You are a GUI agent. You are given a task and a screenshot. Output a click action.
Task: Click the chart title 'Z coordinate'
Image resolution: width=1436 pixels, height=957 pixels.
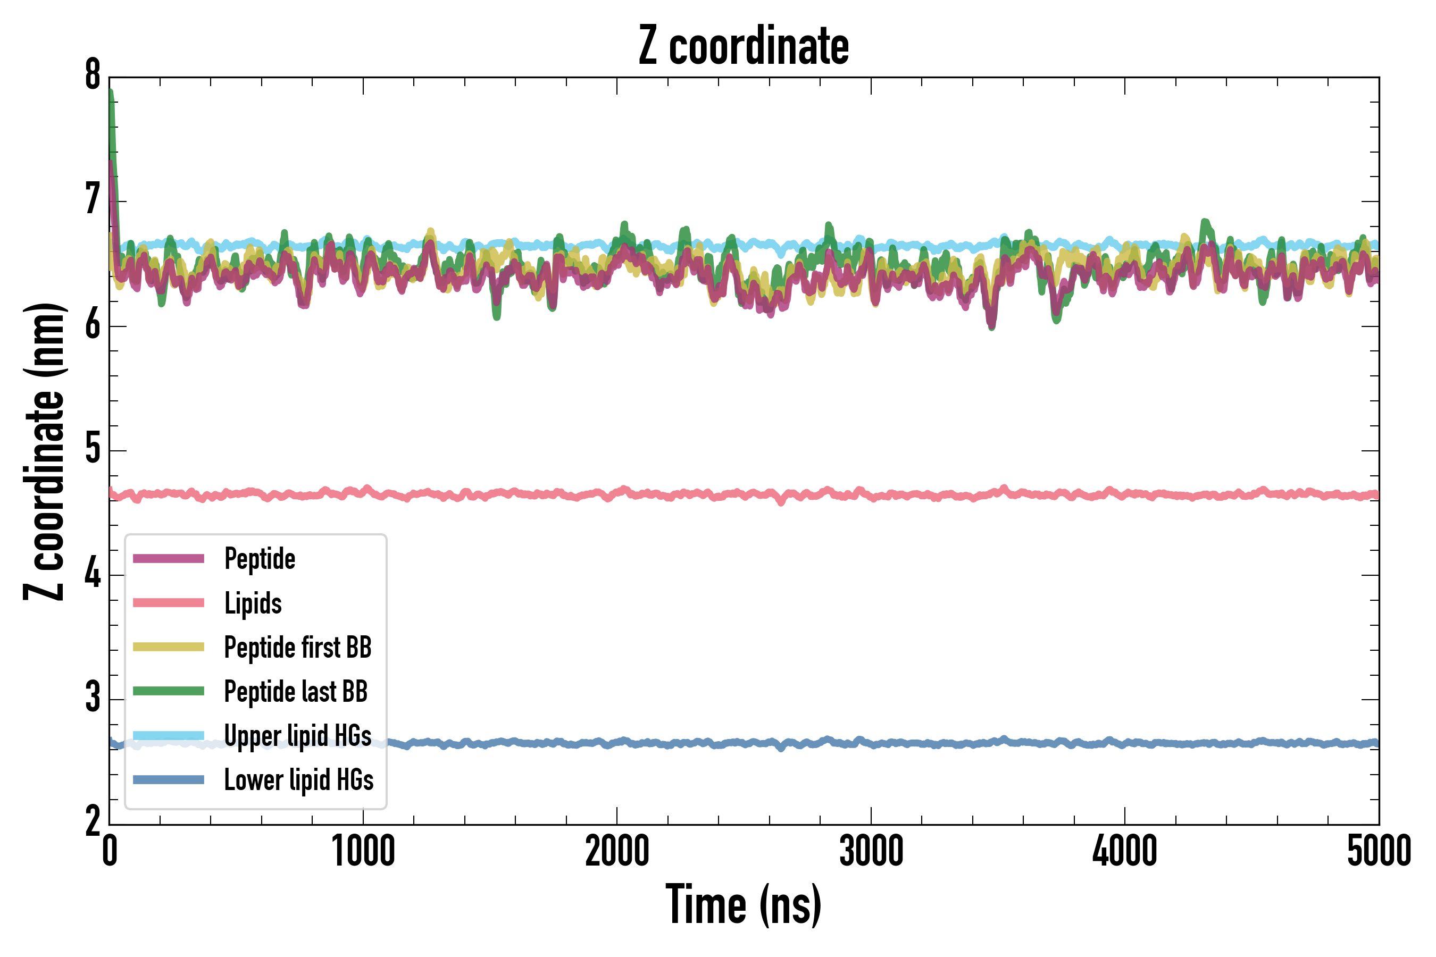pyautogui.click(x=743, y=46)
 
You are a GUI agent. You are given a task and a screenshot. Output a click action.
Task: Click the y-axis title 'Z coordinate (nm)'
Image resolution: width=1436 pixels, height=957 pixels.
pyautogui.click(x=44, y=451)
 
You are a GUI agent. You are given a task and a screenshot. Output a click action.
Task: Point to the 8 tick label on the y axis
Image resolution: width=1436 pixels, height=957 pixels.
pyautogui.click(x=93, y=75)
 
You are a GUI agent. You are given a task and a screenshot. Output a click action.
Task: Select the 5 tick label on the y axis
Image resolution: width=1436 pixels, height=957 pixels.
pyautogui.click(x=93, y=450)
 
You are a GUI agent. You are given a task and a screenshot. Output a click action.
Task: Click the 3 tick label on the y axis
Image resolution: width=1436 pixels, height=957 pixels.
pyautogui.click(x=93, y=698)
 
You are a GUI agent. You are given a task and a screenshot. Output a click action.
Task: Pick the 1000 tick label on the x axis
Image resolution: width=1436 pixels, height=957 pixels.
pyautogui.click(x=363, y=851)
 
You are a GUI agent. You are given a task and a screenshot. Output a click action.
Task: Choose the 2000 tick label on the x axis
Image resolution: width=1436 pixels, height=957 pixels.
pyautogui.click(x=616, y=851)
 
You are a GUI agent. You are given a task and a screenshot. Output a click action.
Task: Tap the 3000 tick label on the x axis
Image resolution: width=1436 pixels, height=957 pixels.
pyautogui.click(x=871, y=851)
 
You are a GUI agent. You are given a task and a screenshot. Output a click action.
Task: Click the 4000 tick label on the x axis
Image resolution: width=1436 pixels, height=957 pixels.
pyautogui.click(x=1125, y=851)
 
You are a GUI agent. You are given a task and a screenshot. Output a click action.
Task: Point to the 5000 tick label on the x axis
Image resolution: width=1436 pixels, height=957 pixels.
pyautogui.click(x=1379, y=851)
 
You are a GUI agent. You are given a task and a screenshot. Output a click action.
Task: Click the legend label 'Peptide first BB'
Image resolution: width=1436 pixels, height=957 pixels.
pyautogui.click(x=298, y=647)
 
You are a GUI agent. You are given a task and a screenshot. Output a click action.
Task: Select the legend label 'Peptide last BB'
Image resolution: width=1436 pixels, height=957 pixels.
pyautogui.click(x=296, y=692)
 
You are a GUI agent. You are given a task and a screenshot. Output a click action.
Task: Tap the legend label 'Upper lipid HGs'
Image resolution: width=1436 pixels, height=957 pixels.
pyautogui.click(x=298, y=735)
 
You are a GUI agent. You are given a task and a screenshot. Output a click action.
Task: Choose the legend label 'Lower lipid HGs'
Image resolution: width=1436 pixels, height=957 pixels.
pyautogui.click(x=299, y=780)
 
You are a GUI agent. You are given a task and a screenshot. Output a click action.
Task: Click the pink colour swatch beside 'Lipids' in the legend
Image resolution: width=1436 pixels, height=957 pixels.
pyautogui.click(x=169, y=603)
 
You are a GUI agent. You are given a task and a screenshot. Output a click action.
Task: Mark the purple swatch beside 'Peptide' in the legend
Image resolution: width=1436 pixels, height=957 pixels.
pyautogui.click(x=169, y=558)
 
